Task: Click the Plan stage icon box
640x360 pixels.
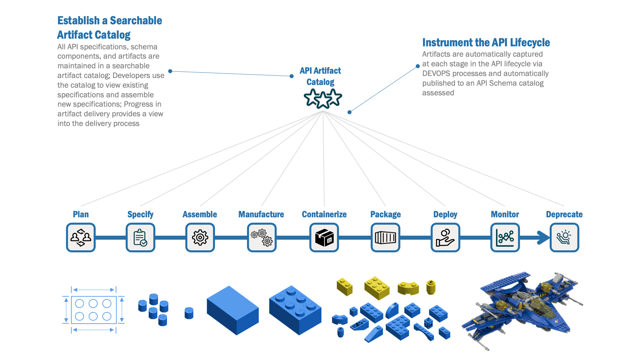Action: coord(81,237)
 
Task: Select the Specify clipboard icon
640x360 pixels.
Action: coord(140,237)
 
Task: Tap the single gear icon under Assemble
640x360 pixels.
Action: coord(200,237)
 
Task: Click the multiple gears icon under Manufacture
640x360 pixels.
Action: coord(262,237)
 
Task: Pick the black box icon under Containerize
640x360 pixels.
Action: coord(324,237)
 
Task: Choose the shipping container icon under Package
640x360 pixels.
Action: coord(385,237)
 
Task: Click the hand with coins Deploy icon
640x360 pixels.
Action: coord(445,237)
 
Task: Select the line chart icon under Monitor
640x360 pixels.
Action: coord(505,237)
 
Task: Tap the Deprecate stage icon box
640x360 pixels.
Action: coord(564,237)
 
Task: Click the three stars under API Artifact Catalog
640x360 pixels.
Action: coord(323,99)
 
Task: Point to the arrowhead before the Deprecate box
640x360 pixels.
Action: coord(543,238)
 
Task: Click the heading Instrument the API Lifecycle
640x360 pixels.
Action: coord(486,43)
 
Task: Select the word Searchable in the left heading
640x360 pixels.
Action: coord(136,21)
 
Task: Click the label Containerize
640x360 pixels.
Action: coord(324,214)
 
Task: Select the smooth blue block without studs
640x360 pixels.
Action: coord(232,310)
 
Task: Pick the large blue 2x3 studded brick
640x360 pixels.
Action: coord(295,310)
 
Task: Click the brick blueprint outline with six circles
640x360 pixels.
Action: coord(94,310)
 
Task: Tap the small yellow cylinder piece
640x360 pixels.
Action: coord(431,287)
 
